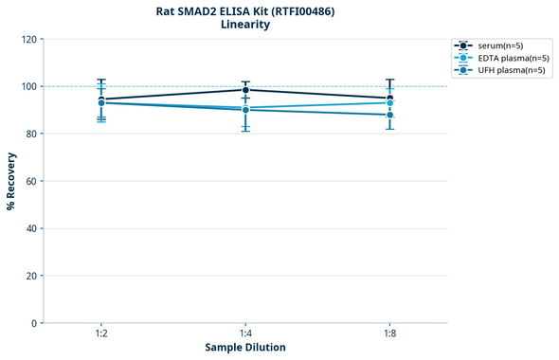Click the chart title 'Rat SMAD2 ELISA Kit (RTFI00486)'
245,11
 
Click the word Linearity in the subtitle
245,26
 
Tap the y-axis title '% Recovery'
11,180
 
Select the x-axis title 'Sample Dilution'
245,348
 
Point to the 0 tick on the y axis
33,323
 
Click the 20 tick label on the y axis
30,276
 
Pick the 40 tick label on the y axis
30,228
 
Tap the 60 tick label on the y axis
30,181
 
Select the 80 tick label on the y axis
30,134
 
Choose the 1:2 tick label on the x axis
100,334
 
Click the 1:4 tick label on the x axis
245,334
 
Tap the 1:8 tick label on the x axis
390,334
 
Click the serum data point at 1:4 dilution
245,90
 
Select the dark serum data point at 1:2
101,99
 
